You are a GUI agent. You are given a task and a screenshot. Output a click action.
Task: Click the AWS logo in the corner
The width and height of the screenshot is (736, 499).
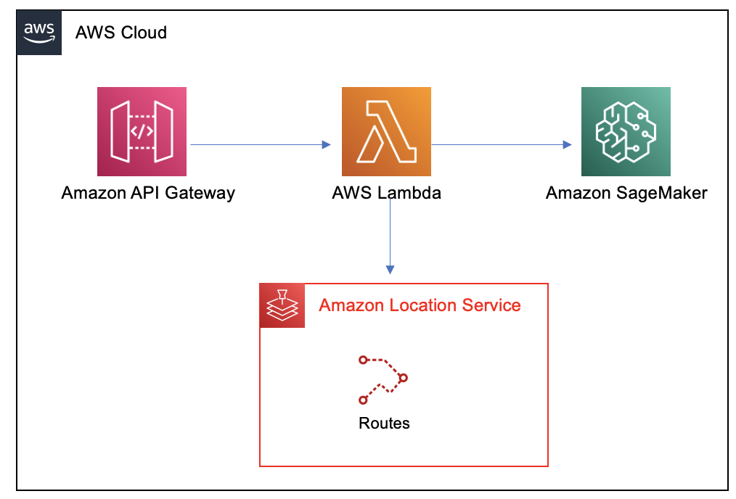tap(39, 33)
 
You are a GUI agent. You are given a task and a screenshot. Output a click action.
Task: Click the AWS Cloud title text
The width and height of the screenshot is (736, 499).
tap(121, 33)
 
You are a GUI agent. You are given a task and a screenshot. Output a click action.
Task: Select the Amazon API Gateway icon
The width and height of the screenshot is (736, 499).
tap(142, 131)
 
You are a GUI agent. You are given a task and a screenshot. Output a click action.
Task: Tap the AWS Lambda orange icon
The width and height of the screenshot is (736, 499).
tap(386, 131)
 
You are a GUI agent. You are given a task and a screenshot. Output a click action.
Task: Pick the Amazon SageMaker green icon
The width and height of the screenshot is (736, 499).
tap(626, 131)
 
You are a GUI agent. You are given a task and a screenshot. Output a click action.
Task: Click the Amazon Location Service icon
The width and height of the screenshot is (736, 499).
tap(282, 305)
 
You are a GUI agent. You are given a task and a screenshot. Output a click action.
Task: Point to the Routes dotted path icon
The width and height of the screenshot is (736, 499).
tap(383, 380)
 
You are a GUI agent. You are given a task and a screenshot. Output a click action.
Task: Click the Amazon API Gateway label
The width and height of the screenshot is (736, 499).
tap(148, 193)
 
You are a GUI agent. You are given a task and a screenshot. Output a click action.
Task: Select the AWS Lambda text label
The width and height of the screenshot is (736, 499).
tap(386, 193)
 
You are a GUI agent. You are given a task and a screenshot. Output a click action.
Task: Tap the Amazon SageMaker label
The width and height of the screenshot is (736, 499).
tap(626, 193)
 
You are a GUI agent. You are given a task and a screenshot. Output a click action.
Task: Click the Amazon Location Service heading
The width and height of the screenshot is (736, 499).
tap(420, 305)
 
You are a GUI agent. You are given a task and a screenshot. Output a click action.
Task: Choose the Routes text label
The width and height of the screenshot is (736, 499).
tap(384, 423)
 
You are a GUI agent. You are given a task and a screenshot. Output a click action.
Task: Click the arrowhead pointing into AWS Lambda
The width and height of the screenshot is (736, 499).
tap(326, 144)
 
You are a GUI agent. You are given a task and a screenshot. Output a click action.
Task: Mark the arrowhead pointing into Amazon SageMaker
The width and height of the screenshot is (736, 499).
tap(567, 144)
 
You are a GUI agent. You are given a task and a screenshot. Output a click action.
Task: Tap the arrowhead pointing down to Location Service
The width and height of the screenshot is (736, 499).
tap(390, 270)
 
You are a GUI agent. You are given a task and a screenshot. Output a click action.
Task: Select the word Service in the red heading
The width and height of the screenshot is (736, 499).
tap(491, 305)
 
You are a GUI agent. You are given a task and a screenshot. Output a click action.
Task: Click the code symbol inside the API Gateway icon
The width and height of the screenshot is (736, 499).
tap(142, 131)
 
